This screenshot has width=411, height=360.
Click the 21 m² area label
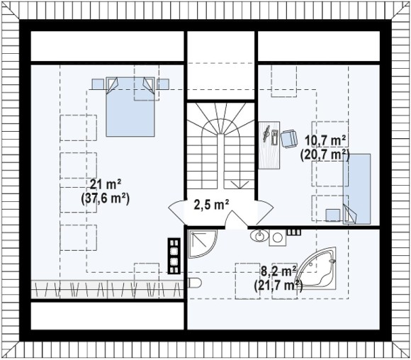click(106, 184)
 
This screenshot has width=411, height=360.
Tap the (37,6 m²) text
click(106, 198)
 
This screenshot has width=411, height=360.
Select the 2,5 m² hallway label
click(212, 205)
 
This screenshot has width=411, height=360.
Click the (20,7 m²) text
click(325, 154)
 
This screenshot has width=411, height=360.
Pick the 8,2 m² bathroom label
click(279, 271)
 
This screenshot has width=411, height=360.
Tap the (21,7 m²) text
click(278, 285)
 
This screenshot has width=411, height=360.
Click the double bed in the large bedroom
click(130, 107)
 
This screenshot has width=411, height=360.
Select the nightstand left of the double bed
click(98, 84)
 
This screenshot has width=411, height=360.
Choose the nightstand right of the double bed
click(162, 84)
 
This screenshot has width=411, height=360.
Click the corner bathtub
click(317, 269)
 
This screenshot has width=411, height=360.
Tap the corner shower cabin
click(203, 244)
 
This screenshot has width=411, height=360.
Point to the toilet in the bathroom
click(195, 283)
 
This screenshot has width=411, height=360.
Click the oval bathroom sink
click(259, 236)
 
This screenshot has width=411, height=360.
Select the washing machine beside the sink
click(278, 237)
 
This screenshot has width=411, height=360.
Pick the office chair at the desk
click(289, 139)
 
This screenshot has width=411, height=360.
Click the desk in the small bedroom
click(269, 145)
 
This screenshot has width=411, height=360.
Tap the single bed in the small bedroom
click(356, 189)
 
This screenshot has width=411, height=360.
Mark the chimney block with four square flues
click(174, 256)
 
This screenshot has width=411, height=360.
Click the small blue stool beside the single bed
click(332, 215)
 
